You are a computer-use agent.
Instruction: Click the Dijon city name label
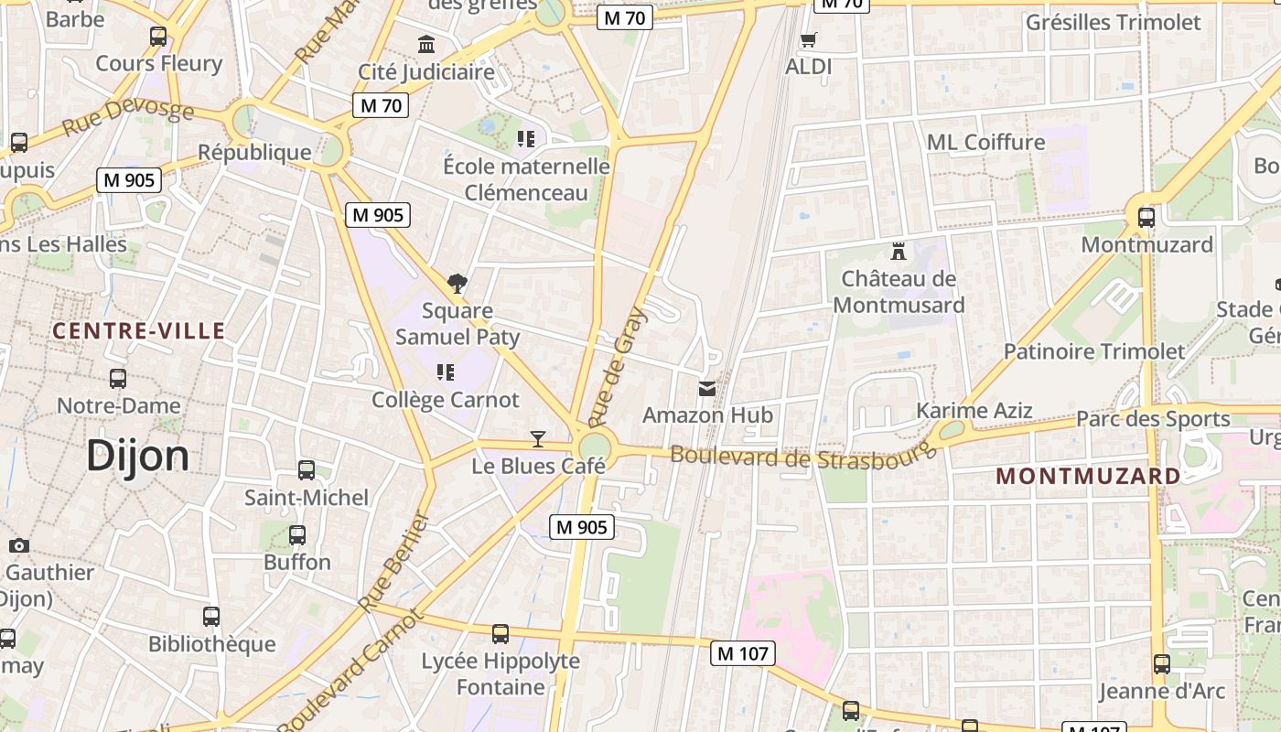[x=137, y=456]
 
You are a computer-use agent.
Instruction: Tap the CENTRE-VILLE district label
[x=138, y=331]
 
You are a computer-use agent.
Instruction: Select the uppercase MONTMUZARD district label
[x=1088, y=476]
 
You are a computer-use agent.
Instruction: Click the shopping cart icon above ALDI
[x=808, y=40]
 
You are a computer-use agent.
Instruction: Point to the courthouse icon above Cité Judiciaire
[x=426, y=44]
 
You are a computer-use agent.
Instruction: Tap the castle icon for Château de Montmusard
[x=899, y=251]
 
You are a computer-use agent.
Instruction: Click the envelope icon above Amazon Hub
[x=707, y=389]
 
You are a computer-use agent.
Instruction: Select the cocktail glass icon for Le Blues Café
[x=538, y=439]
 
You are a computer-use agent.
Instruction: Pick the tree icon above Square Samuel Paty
[x=457, y=284]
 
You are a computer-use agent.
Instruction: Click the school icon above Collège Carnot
[x=446, y=372]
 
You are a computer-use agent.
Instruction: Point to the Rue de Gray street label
[x=618, y=367]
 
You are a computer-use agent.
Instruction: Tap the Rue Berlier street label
[x=394, y=562]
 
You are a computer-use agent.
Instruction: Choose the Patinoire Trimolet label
[x=1093, y=351]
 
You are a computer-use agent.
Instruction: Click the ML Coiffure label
[x=985, y=142]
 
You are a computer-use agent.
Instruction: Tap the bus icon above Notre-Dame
[x=118, y=379]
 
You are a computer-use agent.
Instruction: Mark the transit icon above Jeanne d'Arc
[x=1161, y=664]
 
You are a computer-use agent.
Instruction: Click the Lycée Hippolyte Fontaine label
[x=501, y=673]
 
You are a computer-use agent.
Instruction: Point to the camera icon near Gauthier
[x=18, y=546]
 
